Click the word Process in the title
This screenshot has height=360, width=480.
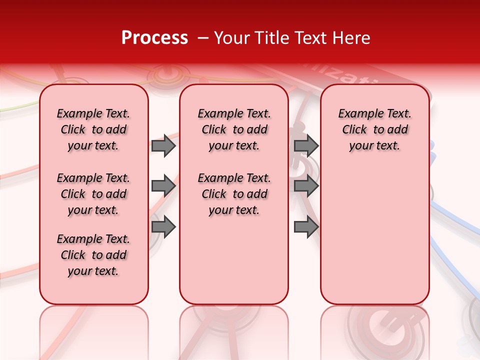(x=154, y=38)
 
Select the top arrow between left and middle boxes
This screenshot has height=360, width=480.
(x=163, y=145)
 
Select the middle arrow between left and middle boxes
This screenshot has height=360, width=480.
(x=163, y=186)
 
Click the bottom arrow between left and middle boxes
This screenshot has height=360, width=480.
(x=163, y=227)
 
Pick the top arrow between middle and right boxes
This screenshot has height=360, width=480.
(x=306, y=145)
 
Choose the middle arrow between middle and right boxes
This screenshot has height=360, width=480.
(x=306, y=186)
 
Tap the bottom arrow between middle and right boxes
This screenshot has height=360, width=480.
(x=306, y=227)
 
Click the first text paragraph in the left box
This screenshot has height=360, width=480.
(x=93, y=129)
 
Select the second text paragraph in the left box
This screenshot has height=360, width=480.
(x=93, y=194)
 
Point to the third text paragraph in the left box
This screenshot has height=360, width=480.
(x=93, y=255)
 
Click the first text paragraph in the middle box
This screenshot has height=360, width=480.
(x=234, y=129)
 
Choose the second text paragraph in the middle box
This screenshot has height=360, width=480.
(x=234, y=194)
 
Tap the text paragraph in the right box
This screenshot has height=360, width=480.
(x=374, y=129)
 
